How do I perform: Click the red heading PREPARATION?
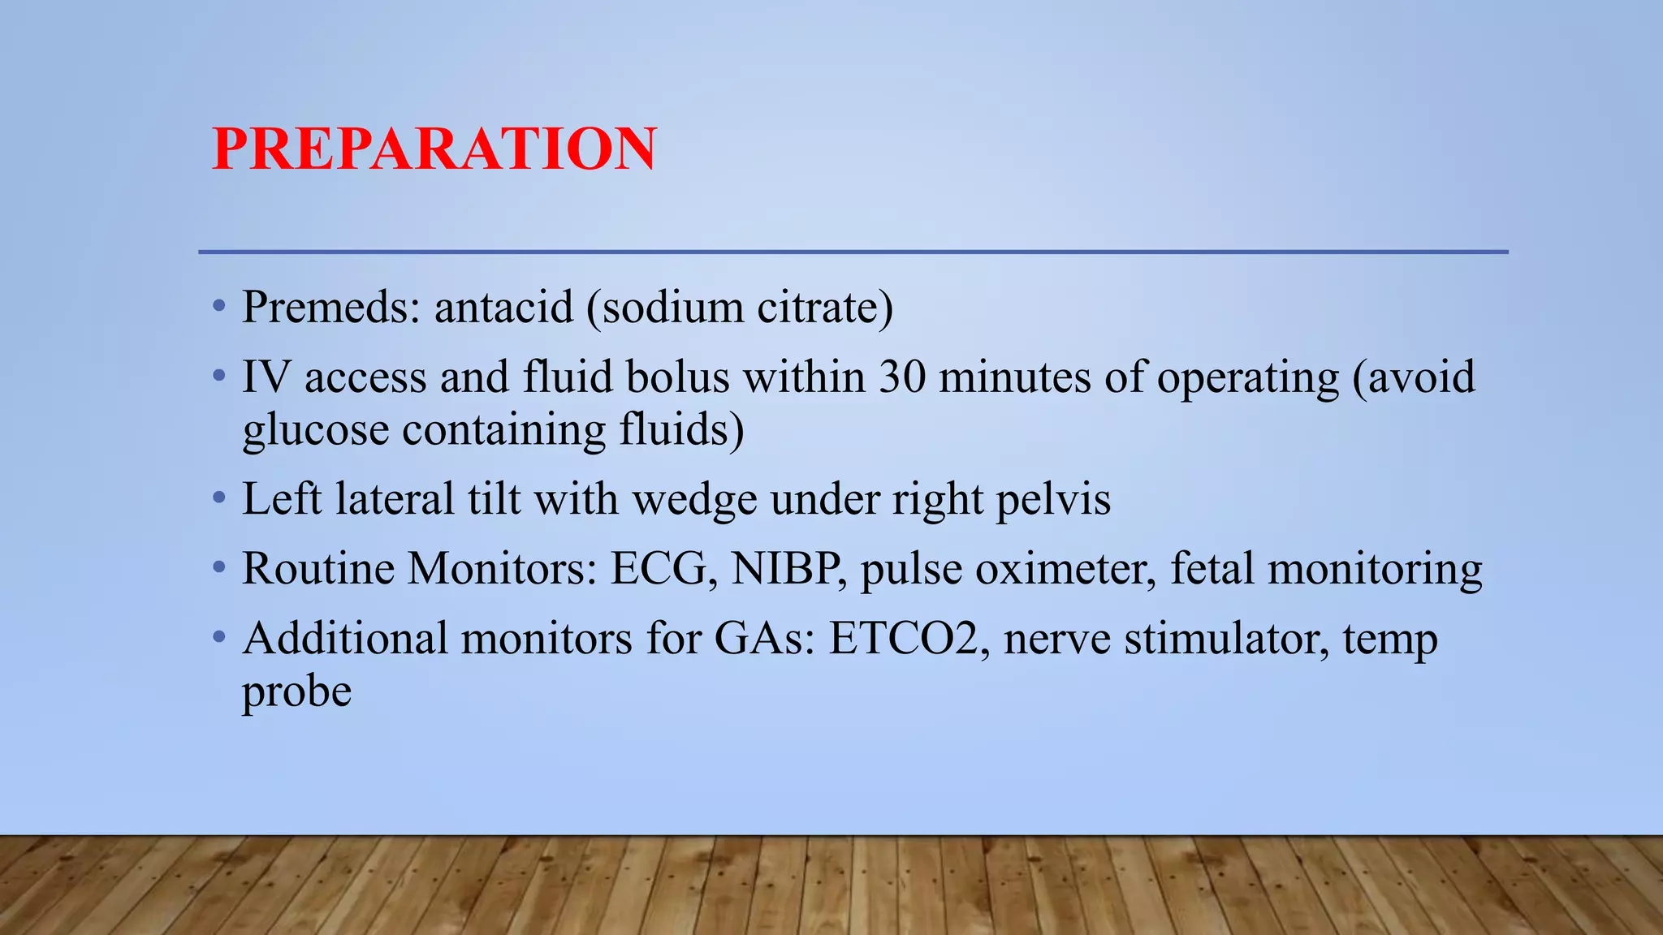[434, 149]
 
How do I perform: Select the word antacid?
[503, 308]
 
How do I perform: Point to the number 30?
[902, 377]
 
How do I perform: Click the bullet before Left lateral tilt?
[218, 498]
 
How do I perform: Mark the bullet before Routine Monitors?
[218, 567]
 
